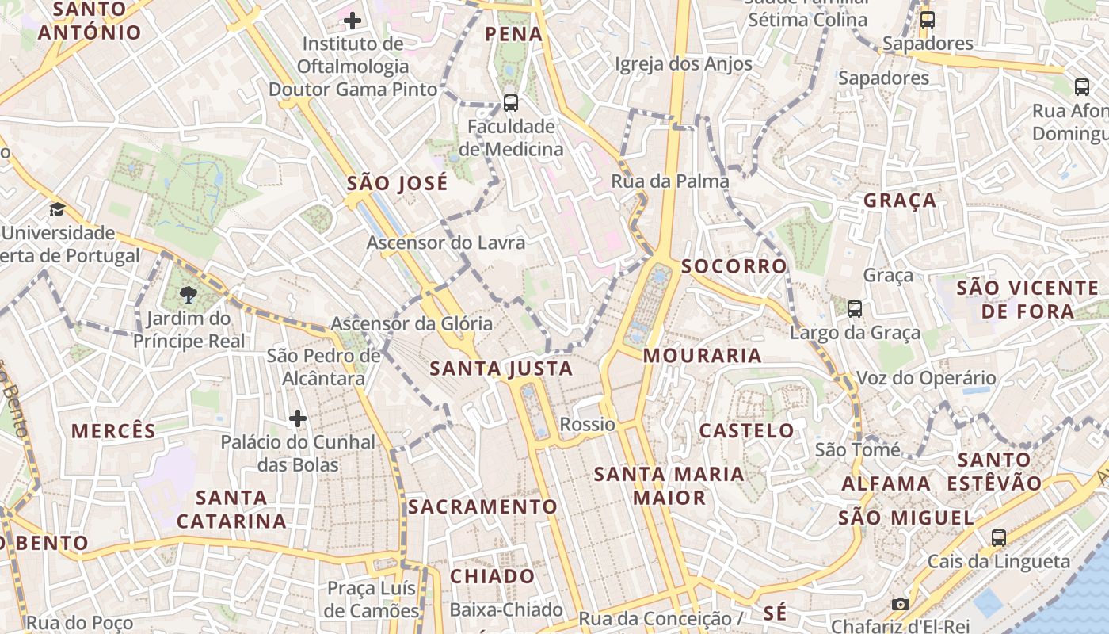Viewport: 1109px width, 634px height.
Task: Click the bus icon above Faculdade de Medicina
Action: pos(511,102)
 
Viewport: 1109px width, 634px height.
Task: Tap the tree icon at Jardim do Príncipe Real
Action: pos(189,296)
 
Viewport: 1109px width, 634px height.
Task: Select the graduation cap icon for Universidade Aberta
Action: pos(57,210)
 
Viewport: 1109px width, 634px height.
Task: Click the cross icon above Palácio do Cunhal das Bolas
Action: pos(298,418)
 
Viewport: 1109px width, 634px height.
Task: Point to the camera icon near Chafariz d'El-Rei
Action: pos(900,604)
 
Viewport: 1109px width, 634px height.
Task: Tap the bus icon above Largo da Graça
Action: pos(854,308)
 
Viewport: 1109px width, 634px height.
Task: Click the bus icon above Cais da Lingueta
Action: pos(999,537)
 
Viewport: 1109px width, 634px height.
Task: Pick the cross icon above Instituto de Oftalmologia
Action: pos(353,20)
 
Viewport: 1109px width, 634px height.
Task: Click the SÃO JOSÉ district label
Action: pos(398,184)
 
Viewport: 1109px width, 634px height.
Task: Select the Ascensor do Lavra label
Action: pos(445,243)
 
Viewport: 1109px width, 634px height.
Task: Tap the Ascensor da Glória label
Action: pos(411,323)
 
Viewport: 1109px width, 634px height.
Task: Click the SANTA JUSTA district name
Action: pos(501,369)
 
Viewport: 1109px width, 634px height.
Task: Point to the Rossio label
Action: pos(587,424)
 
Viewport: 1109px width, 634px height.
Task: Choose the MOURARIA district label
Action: pos(702,356)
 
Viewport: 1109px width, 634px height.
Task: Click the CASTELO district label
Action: pos(746,431)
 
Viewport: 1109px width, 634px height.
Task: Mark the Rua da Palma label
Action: pos(670,181)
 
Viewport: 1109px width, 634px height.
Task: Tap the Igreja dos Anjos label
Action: pos(684,64)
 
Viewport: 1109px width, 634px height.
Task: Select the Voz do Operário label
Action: pos(926,378)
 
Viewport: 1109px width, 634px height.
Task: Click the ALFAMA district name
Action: pos(886,483)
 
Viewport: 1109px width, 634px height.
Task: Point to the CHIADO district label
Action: pos(493,576)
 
